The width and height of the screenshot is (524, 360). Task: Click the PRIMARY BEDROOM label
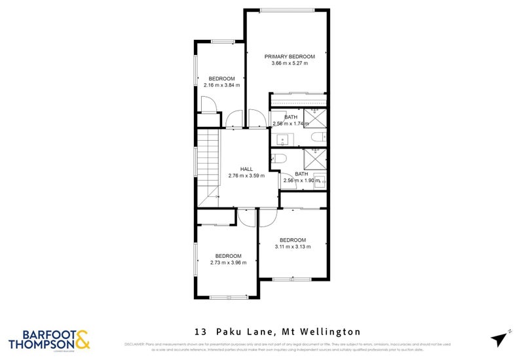pyautogui.click(x=290, y=56)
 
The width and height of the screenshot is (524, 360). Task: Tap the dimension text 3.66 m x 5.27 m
pyautogui.click(x=290, y=63)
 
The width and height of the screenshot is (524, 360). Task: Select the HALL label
pyautogui.click(x=246, y=169)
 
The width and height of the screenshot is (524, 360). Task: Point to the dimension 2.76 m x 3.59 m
pyautogui.click(x=246, y=175)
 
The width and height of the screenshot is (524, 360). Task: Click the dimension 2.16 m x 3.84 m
pyautogui.click(x=221, y=85)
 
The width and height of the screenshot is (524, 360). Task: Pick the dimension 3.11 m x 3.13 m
pyautogui.click(x=293, y=247)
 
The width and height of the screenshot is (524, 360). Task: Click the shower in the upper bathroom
pyautogui.click(x=316, y=119)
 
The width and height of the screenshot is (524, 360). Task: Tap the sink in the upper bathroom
pyautogui.click(x=283, y=138)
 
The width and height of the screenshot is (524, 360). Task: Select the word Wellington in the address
pyautogui.click(x=333, y=333)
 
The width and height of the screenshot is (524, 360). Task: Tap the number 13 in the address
pyautogui.click(x=198, y=333)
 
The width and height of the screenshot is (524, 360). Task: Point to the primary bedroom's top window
pyautogui.click(x=287, y=9)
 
